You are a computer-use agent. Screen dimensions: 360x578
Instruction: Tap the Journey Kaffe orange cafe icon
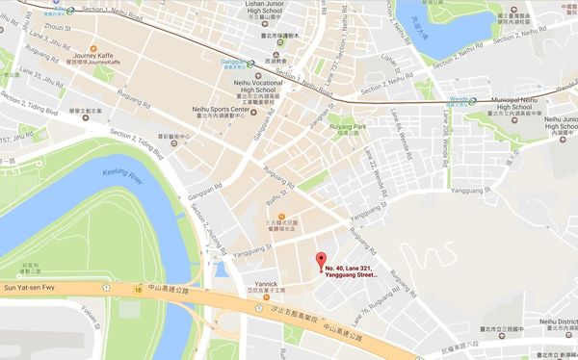tap(92, 48)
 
